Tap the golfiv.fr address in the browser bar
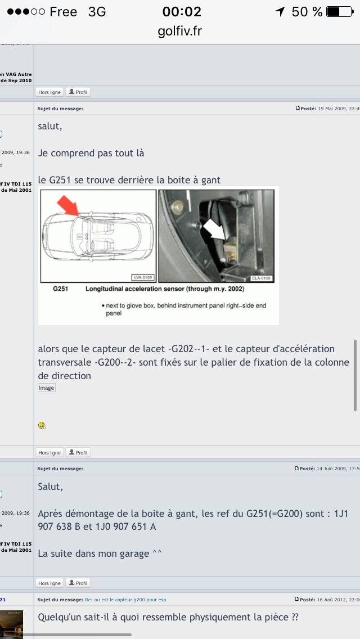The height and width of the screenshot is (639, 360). [x=179, y=31]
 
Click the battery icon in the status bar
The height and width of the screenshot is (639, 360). [x=340, y=11]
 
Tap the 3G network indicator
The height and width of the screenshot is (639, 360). [x=97, y=11]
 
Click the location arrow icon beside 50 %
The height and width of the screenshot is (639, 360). [x=280, y=11]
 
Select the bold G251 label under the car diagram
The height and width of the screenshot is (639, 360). [x=60, y=289]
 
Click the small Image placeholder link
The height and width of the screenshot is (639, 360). [x=46, y=388]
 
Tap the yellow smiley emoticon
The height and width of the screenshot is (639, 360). [x=42, y=425]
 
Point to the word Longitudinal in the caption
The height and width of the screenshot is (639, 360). [x=106, y=289]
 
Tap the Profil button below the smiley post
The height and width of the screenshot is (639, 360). [x=78, y=452]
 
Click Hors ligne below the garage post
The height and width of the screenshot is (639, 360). [x=49, y=583]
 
